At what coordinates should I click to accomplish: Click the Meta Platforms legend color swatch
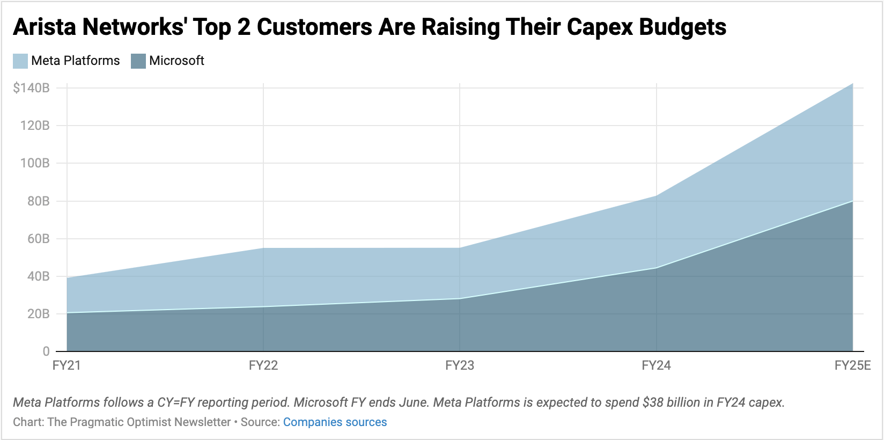pos(20,61)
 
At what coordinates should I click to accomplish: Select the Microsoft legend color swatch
pos(138,61)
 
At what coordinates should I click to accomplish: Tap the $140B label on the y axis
pos(31,88)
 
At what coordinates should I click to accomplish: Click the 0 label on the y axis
pos(46,351)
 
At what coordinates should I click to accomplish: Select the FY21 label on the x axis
pos(67,366)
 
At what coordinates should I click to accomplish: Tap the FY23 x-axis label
pos(460,366)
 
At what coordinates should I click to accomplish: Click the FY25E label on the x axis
pos(852,366)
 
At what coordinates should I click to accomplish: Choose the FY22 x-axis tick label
pos(263,366)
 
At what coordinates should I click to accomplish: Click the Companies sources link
pos(335,422)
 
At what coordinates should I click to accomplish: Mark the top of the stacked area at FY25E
pos(852,84)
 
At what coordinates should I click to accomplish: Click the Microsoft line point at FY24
pos(657,268)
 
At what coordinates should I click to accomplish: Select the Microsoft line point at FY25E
pos(852,201)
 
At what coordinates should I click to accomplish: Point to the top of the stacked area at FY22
pos(263,248)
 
